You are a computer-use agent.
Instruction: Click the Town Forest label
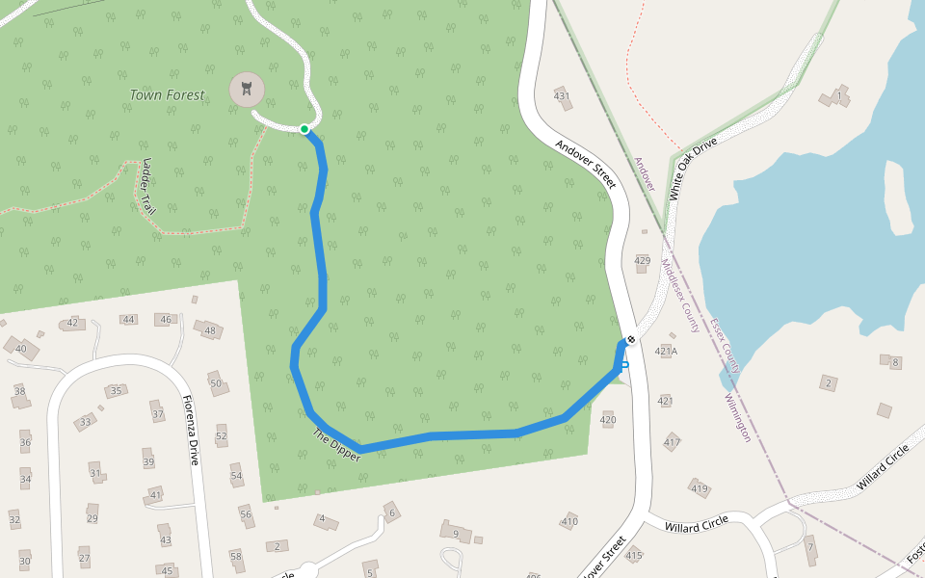168,95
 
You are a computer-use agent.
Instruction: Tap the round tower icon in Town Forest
247,90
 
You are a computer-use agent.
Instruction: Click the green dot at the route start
304,129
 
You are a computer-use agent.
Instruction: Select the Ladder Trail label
148,186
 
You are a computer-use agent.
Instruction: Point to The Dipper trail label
336,445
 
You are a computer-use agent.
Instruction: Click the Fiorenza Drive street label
191,429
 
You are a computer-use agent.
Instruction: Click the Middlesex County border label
680,295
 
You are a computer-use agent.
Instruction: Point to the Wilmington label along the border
738,416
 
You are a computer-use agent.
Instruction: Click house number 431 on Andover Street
562,94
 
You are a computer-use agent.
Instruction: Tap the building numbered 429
643,261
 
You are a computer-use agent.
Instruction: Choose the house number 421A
666,351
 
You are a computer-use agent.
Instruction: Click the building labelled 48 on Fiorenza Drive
210,330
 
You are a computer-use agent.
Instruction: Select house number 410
569,521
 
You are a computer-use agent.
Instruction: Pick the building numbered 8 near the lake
894,362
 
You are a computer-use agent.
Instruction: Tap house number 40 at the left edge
21,348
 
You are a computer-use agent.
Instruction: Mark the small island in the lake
898,196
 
